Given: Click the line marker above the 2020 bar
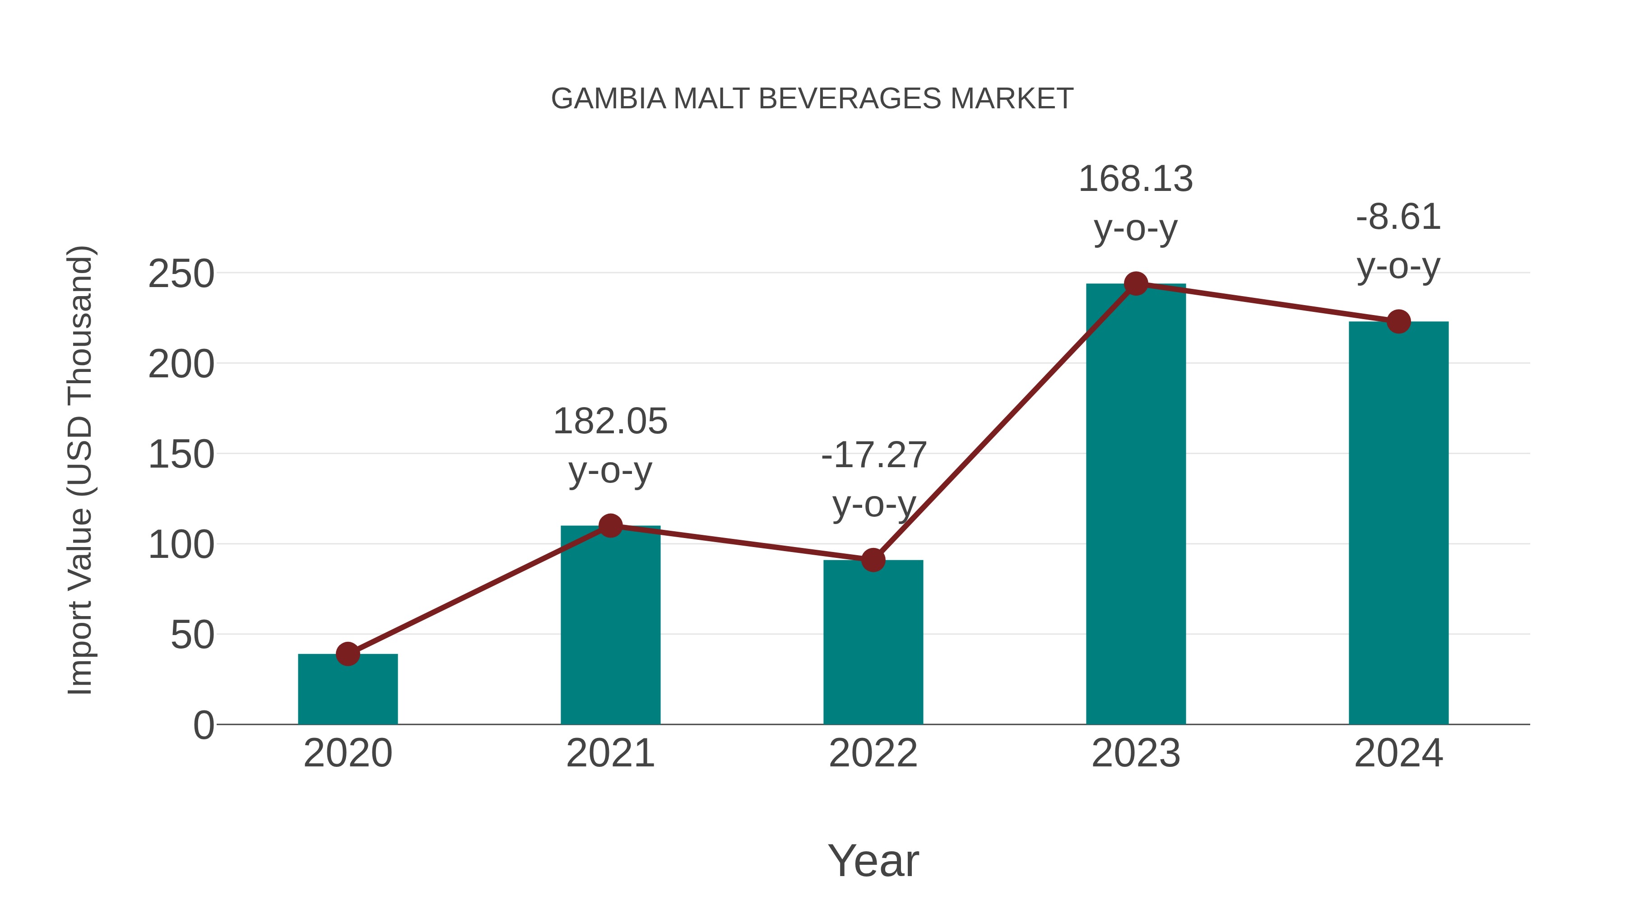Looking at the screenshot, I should pyautogui.click(x=348, y=654).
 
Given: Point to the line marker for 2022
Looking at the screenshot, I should pyautogui.click(x=873, y=560).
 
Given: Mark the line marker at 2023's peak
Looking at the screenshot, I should pyautogui.click(x=1136, y=284).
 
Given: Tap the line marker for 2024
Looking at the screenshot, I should pyautogui.click(x=1398, y=322).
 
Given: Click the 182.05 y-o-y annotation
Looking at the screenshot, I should pyautogui.click(x=610, y=445).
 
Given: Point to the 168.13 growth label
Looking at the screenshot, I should pyautogui.click(x=1136, y=203).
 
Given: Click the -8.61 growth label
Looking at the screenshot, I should pyautogui.click(x=1398, y=241).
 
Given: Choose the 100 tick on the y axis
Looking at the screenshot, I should pyautogui.click(x=181, y=545).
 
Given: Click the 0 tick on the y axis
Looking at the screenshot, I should pyautogui.click(x=203, y=725).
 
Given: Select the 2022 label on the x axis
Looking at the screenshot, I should pyautogui.click(x=873, y=753).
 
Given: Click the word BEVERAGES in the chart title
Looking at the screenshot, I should pyautogui.click(x=849, y=98).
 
